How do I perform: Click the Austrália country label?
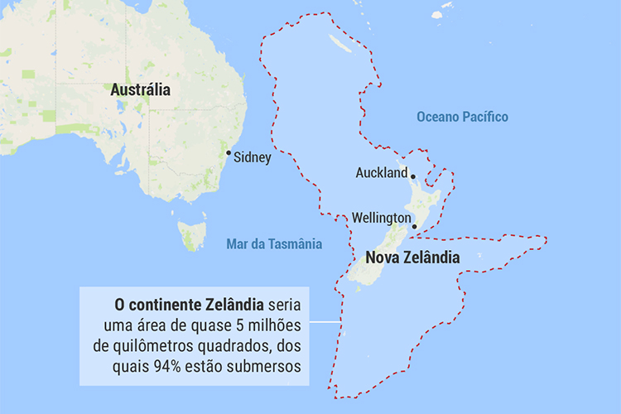point(140,90)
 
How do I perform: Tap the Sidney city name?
point(253,157)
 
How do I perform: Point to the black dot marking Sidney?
point(229,153)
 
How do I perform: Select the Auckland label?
point(381,173)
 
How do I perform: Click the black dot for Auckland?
point(412,175)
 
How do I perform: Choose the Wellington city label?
point(381,218)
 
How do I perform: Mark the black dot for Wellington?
point(414,225)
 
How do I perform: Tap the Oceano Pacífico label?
point(462,117)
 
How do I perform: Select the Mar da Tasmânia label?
point(274,244)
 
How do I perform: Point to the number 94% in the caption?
point(203,364)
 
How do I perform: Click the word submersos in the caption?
point(269,364)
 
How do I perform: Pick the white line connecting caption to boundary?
point(325,321)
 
